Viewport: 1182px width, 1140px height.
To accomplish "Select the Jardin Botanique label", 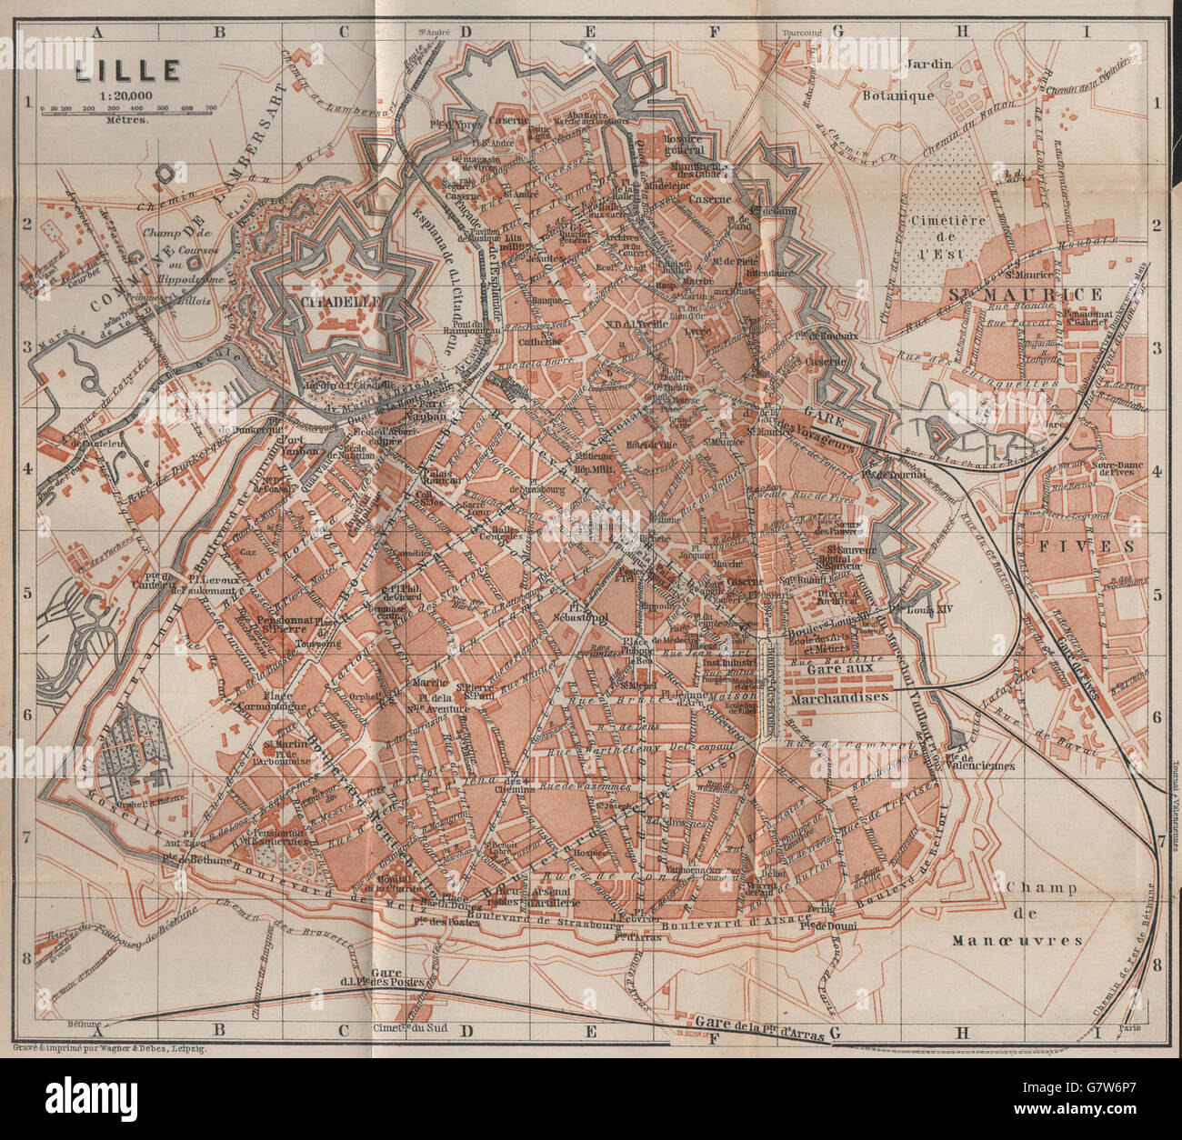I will [927, 80].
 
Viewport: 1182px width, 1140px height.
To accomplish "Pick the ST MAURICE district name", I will [1025, 295].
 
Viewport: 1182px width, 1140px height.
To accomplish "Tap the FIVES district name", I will [1102, 545].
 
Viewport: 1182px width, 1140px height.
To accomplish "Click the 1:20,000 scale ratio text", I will [127, 92].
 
